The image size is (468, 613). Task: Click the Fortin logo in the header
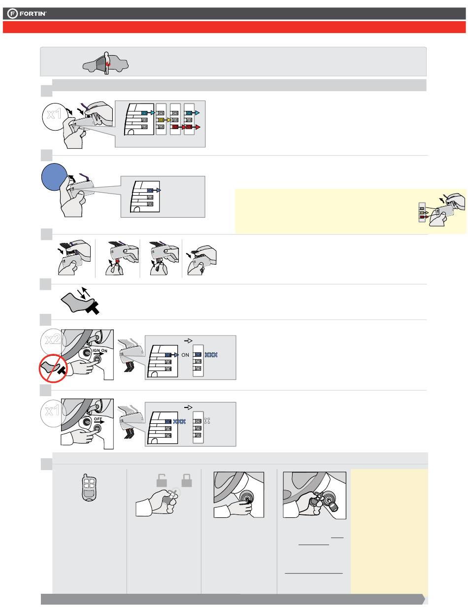pos(27,13)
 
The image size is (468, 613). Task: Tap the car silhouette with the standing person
pos(105,64)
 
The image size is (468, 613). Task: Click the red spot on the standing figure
pos(108,64)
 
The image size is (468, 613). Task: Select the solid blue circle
pos(55,177)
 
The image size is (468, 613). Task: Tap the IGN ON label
pos(100,350)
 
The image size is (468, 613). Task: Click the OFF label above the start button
pos(98,419)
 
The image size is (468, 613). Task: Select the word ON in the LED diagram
pos(185,355)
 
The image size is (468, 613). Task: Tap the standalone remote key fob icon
pos(89,487)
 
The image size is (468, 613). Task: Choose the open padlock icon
pos(162,480)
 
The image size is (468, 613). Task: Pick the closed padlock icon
pos(186,480)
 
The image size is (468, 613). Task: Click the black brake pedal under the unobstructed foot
pos(93,307)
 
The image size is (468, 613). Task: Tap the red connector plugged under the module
pos(117,261)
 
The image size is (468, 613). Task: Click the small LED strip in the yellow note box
pos(422,212)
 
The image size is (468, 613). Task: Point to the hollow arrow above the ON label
pos(188,341)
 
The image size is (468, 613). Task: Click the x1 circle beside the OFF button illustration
pos(52,413)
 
